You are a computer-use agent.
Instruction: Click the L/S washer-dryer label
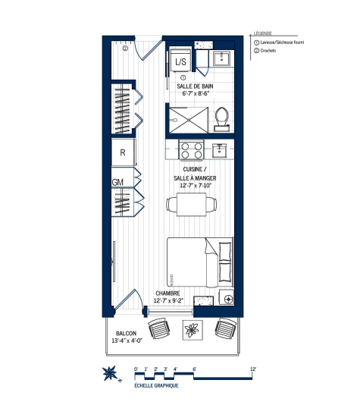181,62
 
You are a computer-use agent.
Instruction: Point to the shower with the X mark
186,119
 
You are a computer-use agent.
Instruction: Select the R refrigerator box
122,152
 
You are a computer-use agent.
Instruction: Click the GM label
117,183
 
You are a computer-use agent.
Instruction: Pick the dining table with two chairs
189,202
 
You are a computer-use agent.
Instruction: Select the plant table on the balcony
192,329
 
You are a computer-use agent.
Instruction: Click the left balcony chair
159,329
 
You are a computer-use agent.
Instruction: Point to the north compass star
109,375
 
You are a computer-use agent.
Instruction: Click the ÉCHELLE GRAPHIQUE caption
157,387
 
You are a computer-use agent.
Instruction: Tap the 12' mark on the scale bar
253,369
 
